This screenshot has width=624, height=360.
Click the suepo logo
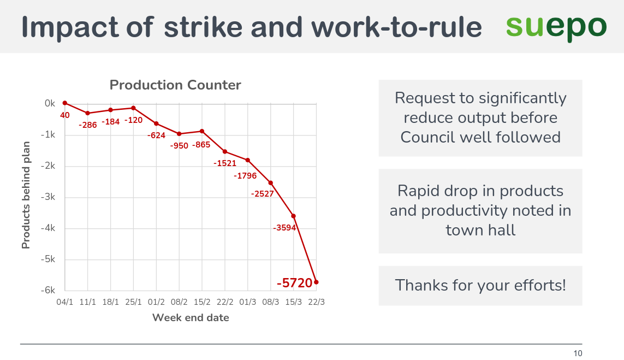point(555,27)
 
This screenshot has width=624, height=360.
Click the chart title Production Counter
point(175,85)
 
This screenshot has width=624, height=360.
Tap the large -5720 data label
point(295,283)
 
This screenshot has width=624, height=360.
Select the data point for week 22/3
point(317,282)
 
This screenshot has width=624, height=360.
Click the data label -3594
point(284,228)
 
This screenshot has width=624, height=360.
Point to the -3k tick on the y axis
point(49,197)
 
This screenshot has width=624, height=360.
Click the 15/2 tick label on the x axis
point(202,302)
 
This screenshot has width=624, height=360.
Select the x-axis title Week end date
point(191,317)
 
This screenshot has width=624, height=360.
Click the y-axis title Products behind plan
point(26,195)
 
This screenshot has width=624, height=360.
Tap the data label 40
point(65,115)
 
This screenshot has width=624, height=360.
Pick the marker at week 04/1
point(65,103)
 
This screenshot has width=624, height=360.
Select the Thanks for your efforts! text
point(480,285)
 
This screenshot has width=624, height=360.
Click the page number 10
point(578,353)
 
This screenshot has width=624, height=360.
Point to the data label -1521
point(225,163)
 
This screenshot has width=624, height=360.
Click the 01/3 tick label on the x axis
point(248,302)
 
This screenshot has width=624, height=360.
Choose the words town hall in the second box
point(480,230)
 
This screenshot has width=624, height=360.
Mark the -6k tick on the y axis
point(49,291)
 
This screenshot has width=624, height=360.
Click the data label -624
point(157,135)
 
